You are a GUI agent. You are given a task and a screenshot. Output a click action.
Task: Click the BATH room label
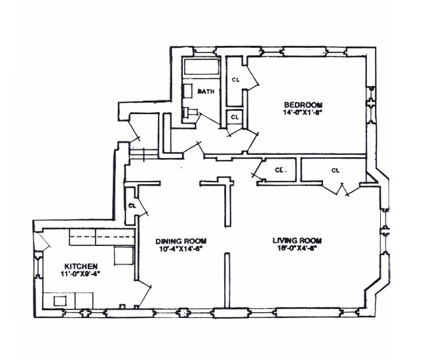click(x=206, y=92)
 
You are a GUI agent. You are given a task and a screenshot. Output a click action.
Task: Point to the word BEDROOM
click(x=303, y=104)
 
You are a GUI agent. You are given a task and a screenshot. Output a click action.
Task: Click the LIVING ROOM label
click(x=297, y=240)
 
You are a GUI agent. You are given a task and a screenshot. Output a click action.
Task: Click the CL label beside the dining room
click(x=132, y=205)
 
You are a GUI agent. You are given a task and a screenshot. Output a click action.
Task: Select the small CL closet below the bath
click(x=235, y=117)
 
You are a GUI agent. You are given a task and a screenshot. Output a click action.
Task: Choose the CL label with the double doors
click(x=335, y=170)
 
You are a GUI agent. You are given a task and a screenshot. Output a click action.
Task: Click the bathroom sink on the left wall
click(x=187, y=90)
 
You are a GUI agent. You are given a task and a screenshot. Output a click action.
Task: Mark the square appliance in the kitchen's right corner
click(x=123, y=254)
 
